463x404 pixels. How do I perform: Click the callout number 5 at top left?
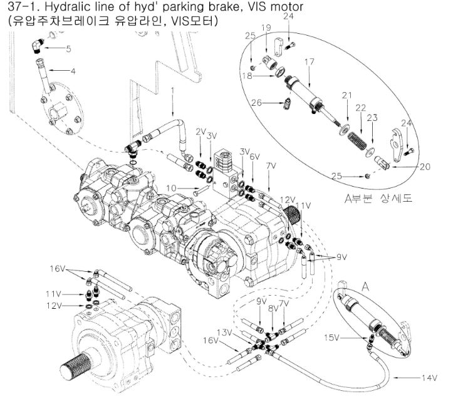pyautogui.click(x=68, y=48)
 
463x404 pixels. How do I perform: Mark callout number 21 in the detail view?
pyautogui.click(x=345, y=95)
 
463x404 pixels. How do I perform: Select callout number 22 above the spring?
pyautogui.click(x=360, y=108)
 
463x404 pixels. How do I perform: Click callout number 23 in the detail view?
pyautogui.click(x=373, y=117)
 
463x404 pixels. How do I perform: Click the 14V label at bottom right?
pyautogui.click(x=429, y=378)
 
